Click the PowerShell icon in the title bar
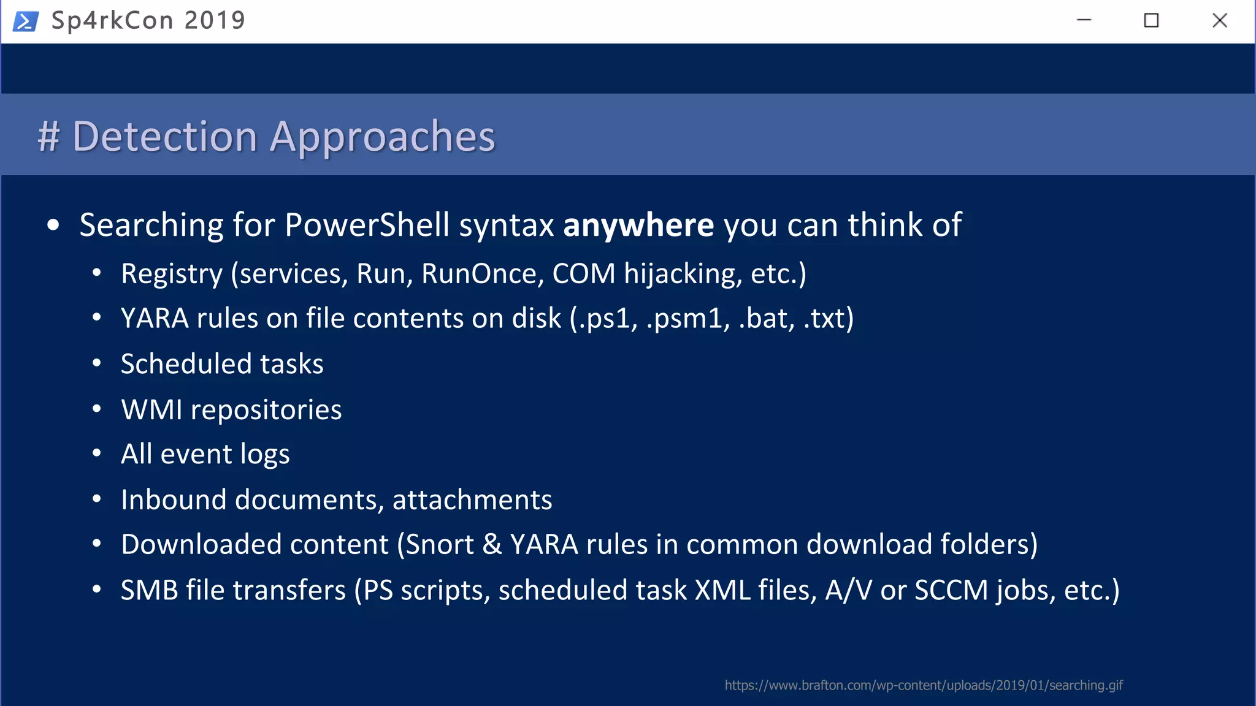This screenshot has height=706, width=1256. click(x=26, y=21)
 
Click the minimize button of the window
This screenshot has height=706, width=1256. click(x=1084, y=20)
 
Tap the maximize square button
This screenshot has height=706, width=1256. click(x=1151, y=21)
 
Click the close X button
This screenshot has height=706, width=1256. click(x=1219, y=21)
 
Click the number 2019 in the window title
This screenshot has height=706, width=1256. click(x=215, y=21)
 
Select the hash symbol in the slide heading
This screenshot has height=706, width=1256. click(x=48, y=136)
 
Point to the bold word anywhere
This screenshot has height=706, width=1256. click(x=638, y=225)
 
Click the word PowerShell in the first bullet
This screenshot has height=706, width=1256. click(x=367, y=225)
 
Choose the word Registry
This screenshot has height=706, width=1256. click(x=172, y=274)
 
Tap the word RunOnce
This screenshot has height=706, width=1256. click(x=479, y=274)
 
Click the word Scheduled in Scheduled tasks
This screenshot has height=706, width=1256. click(x=186, y=364)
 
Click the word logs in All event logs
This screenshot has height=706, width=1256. click(x=265, y=455)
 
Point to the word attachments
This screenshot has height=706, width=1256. click(x=472, y=500)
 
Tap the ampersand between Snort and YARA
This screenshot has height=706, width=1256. click(x=492, y=545)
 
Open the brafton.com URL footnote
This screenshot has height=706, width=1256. click(x=923, y=685)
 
